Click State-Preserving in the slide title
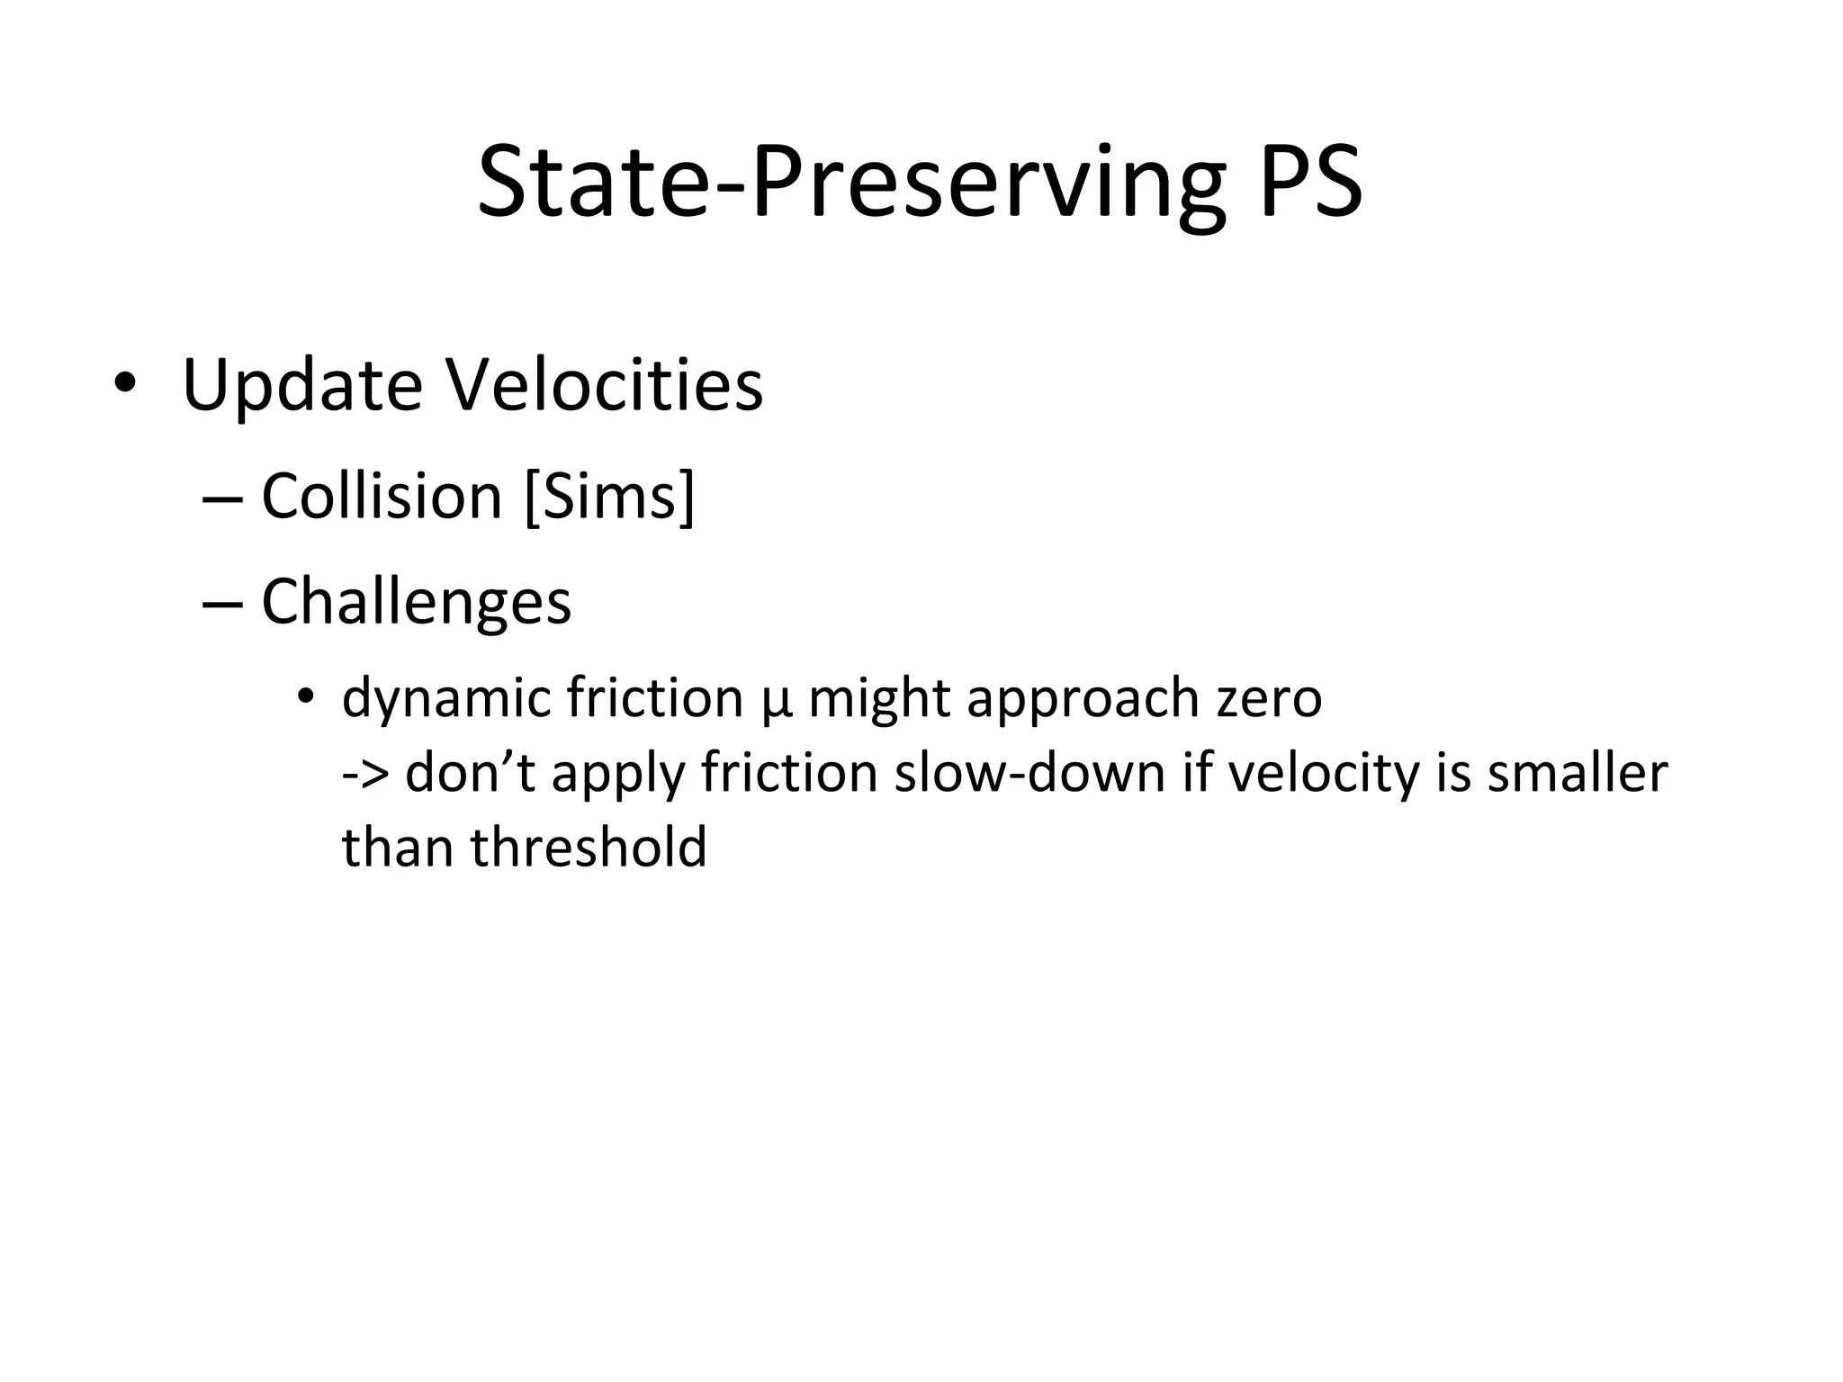851,184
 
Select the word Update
302,385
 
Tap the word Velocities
605,385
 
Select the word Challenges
416,601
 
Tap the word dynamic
446,698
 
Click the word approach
1083,698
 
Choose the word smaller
1578,772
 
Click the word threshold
589,848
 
